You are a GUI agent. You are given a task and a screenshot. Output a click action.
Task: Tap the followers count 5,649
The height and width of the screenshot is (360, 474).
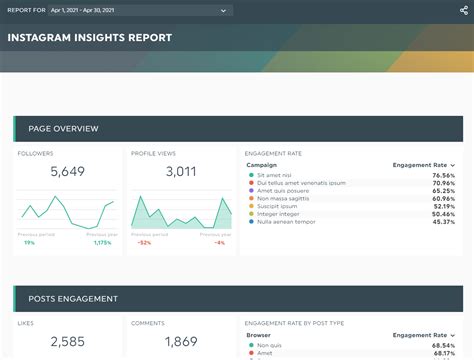click(67, 172)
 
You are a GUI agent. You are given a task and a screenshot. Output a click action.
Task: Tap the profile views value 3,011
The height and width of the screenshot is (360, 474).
click(180, 172)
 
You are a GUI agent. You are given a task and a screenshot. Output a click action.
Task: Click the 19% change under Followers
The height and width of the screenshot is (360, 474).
click(29, 242)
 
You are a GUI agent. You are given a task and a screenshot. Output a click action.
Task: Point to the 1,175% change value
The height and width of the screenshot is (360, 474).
click(102, 242)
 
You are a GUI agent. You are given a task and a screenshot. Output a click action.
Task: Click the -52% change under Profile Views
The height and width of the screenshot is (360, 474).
click(144, 242)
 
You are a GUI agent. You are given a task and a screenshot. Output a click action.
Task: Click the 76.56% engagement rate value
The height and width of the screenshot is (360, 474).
click(443, 175)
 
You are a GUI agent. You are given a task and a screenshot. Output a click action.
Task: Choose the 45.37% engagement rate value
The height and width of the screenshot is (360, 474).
click(443, 221)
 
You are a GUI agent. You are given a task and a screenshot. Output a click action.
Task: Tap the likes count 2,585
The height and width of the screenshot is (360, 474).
click(67, 342)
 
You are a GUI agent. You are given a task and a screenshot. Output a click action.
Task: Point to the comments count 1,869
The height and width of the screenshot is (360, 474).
click(180, 342)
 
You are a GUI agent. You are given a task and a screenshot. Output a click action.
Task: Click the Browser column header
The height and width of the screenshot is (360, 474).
click(259, 335)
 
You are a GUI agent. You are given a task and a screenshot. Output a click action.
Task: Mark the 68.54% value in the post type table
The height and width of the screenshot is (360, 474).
click(443, 345)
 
